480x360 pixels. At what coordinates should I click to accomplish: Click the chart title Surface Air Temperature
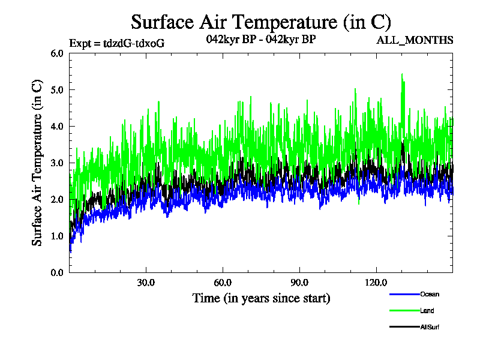(261, 22)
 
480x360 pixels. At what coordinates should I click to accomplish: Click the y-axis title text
(37, 163)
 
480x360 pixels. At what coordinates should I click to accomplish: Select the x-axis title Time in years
(261, 298)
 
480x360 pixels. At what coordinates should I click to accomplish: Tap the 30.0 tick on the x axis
(146, 283)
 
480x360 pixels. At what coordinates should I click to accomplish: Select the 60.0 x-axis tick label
(223, 283)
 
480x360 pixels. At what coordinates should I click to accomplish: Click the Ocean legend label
(429, 294)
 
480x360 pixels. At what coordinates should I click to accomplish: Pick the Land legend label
(427, 310)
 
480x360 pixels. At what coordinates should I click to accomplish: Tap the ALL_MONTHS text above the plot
(414, 41)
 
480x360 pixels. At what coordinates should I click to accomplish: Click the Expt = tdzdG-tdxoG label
(117, 43)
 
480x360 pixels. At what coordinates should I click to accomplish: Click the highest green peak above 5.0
(402, 74)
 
